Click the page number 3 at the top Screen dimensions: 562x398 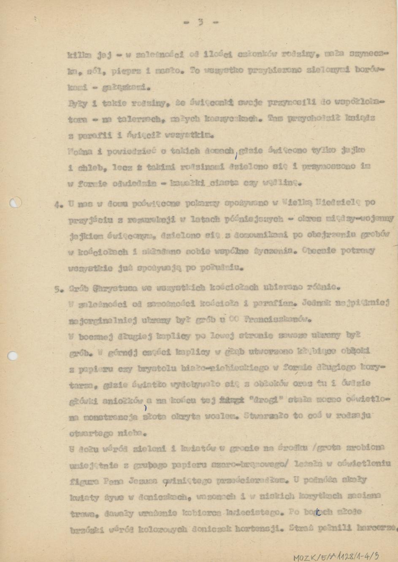coord(200,22)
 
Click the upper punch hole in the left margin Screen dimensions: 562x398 coord(15,203)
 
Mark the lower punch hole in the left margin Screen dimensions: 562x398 coord(13,356)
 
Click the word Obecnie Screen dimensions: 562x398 coord(320,251)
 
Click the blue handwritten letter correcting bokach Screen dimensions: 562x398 coord(317,511)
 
